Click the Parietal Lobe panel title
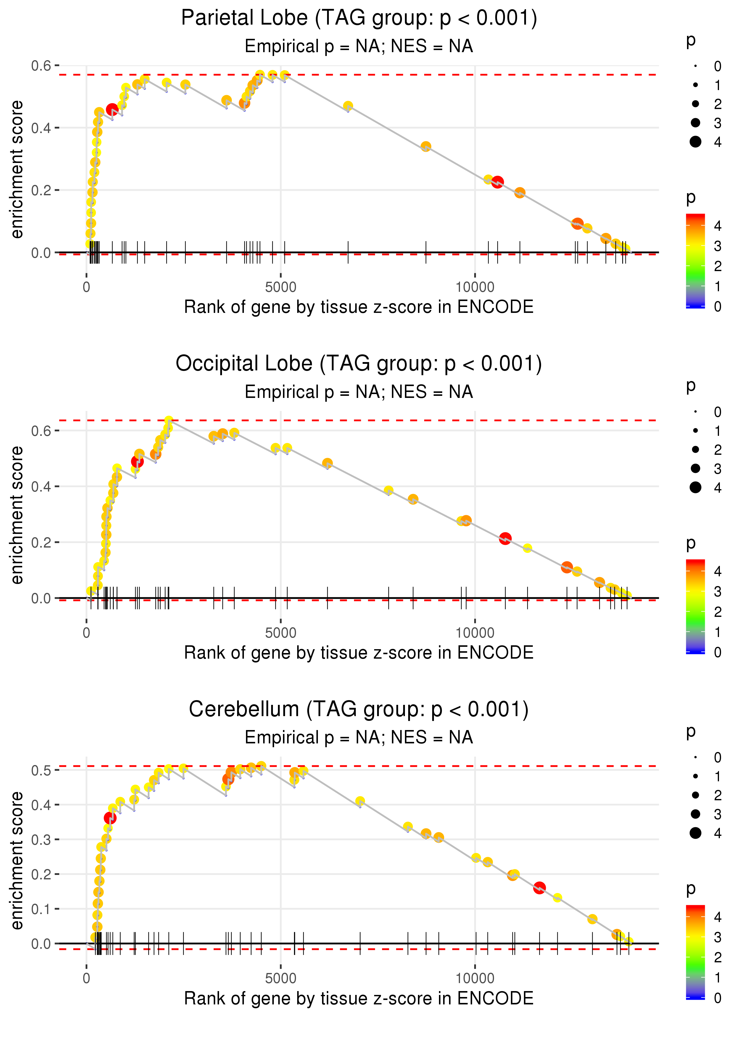(359, 18)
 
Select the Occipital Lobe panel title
(359, 364)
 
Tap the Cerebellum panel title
(359, 710)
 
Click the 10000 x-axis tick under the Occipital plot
(475, 633)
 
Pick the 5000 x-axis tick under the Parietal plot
(281, 287)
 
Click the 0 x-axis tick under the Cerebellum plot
(86, 979)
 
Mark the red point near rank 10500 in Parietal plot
(497, 182)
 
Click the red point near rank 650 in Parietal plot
(112, 109)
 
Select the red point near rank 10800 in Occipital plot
(505, 539)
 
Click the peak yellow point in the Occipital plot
(169, 420)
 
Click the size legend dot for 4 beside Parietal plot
(695, 142)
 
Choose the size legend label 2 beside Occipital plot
(718, 450)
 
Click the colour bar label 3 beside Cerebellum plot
(718, 937)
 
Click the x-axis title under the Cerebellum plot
(359, 999)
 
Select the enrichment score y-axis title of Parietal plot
(17, 170)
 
